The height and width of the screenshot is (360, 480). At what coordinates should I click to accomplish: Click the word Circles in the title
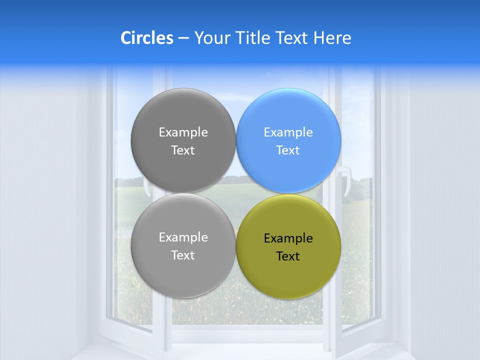point(146,38)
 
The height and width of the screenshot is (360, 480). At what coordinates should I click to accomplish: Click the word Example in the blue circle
point(288,132)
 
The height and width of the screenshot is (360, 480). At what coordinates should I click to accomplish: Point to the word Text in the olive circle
point(288,256)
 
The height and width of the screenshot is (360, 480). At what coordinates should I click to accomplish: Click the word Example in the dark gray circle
point(183,132)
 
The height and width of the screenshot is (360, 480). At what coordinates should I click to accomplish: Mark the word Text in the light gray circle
point(183,255)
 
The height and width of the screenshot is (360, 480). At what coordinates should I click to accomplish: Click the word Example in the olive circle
point(288,238)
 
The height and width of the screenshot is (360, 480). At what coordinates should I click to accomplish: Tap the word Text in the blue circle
point(288,150)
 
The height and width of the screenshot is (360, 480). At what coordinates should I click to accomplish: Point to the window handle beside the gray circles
point(147,189)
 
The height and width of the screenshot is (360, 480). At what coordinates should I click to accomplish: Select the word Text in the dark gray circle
point(183,150)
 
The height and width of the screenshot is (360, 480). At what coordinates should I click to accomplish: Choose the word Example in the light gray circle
point(183,237)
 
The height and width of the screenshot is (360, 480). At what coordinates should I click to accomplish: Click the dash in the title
point(183,38)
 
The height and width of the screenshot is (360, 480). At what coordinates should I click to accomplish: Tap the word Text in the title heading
point(292,38)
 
